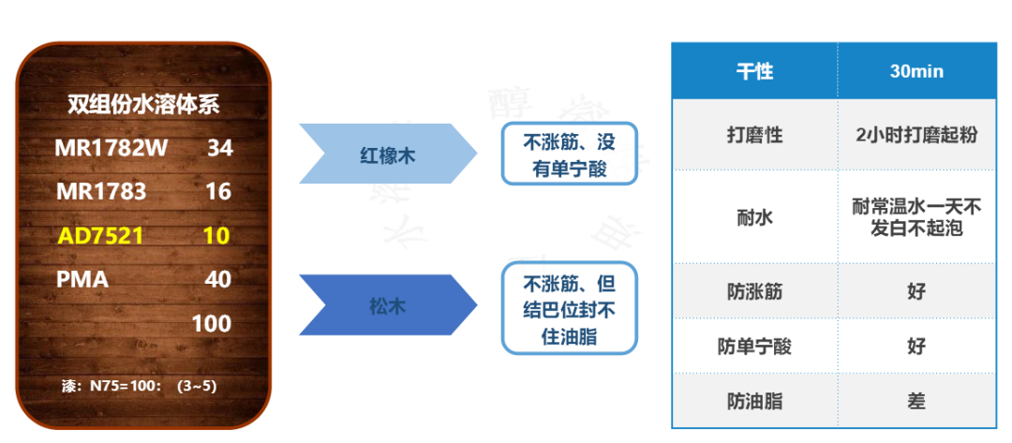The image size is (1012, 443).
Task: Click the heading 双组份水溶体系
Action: click(143, 104)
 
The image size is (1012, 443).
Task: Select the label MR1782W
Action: click(111, 148)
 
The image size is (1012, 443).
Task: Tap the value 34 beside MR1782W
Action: click(219, 148)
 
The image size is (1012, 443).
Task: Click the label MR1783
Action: click(101, 192)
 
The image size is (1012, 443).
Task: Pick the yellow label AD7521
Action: click(100, 236)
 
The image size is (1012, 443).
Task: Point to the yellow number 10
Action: click(216, 236)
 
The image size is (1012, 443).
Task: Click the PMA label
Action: click(82, 279)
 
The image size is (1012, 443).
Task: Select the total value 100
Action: click(212, 324)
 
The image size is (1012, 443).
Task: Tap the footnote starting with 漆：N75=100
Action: click(138, 385)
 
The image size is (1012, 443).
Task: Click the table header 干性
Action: click(754, 72)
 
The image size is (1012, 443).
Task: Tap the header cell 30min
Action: click(915, 72)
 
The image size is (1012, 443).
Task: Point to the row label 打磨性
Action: click(754, 135)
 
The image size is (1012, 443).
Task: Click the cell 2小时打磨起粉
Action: click(915, 135)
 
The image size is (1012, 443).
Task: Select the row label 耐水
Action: click(754, 217)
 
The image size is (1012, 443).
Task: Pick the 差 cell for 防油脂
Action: click(915, 401)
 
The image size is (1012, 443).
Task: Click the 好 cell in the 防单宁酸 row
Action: click(915, 346)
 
